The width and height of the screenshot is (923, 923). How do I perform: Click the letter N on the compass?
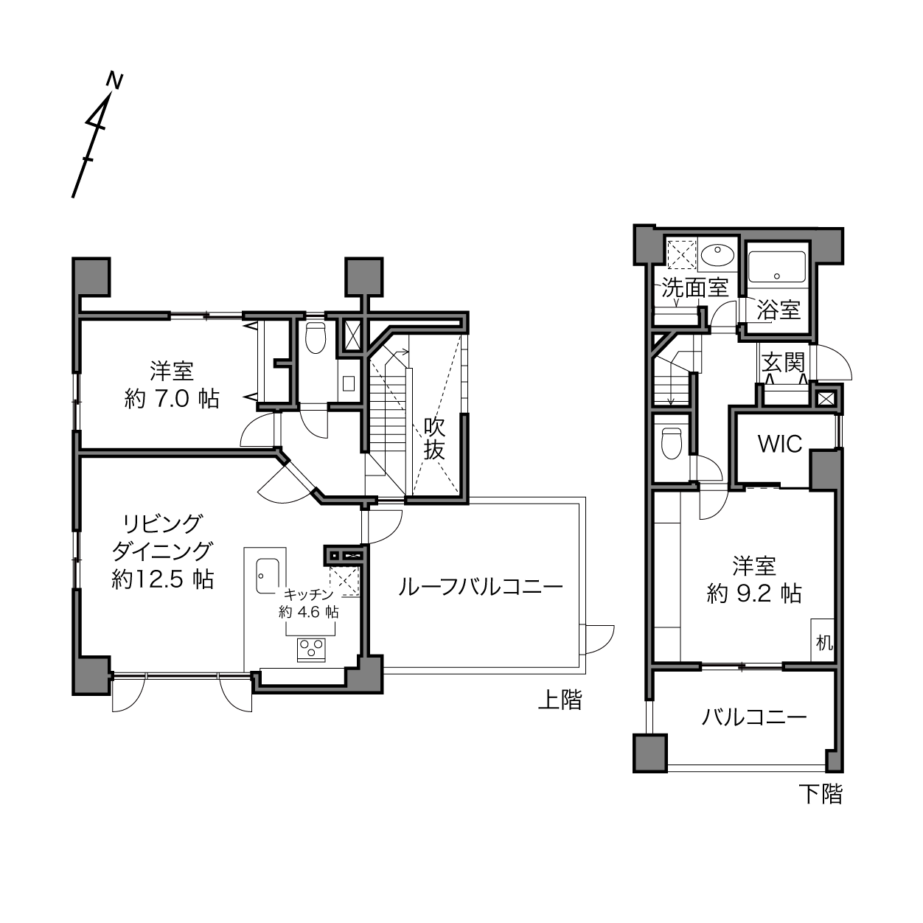[115, 80]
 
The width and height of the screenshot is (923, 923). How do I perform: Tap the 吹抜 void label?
[434, 439]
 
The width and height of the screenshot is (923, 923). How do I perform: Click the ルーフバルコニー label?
[481, 588]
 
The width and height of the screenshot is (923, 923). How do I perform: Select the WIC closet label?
[780, 444]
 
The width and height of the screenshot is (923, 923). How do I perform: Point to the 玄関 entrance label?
[783, 362]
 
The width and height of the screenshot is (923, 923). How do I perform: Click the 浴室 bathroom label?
[779, 310]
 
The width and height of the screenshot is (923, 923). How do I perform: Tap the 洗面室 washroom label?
[695, 288]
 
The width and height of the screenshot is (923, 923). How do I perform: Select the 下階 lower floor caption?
[821, 794]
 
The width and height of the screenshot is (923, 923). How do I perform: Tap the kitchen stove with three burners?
[311, 650]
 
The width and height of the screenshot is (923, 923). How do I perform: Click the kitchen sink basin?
[266, 576]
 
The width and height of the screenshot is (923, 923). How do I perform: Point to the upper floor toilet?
[316, 337]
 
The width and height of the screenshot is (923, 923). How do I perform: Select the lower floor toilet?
[671, 443]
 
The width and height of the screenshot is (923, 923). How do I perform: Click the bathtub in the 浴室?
[777, 267]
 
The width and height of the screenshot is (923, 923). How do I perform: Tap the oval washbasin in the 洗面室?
[717, 254]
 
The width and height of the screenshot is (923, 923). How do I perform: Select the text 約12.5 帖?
[163, 580]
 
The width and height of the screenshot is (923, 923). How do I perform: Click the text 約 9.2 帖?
[754, 595]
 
